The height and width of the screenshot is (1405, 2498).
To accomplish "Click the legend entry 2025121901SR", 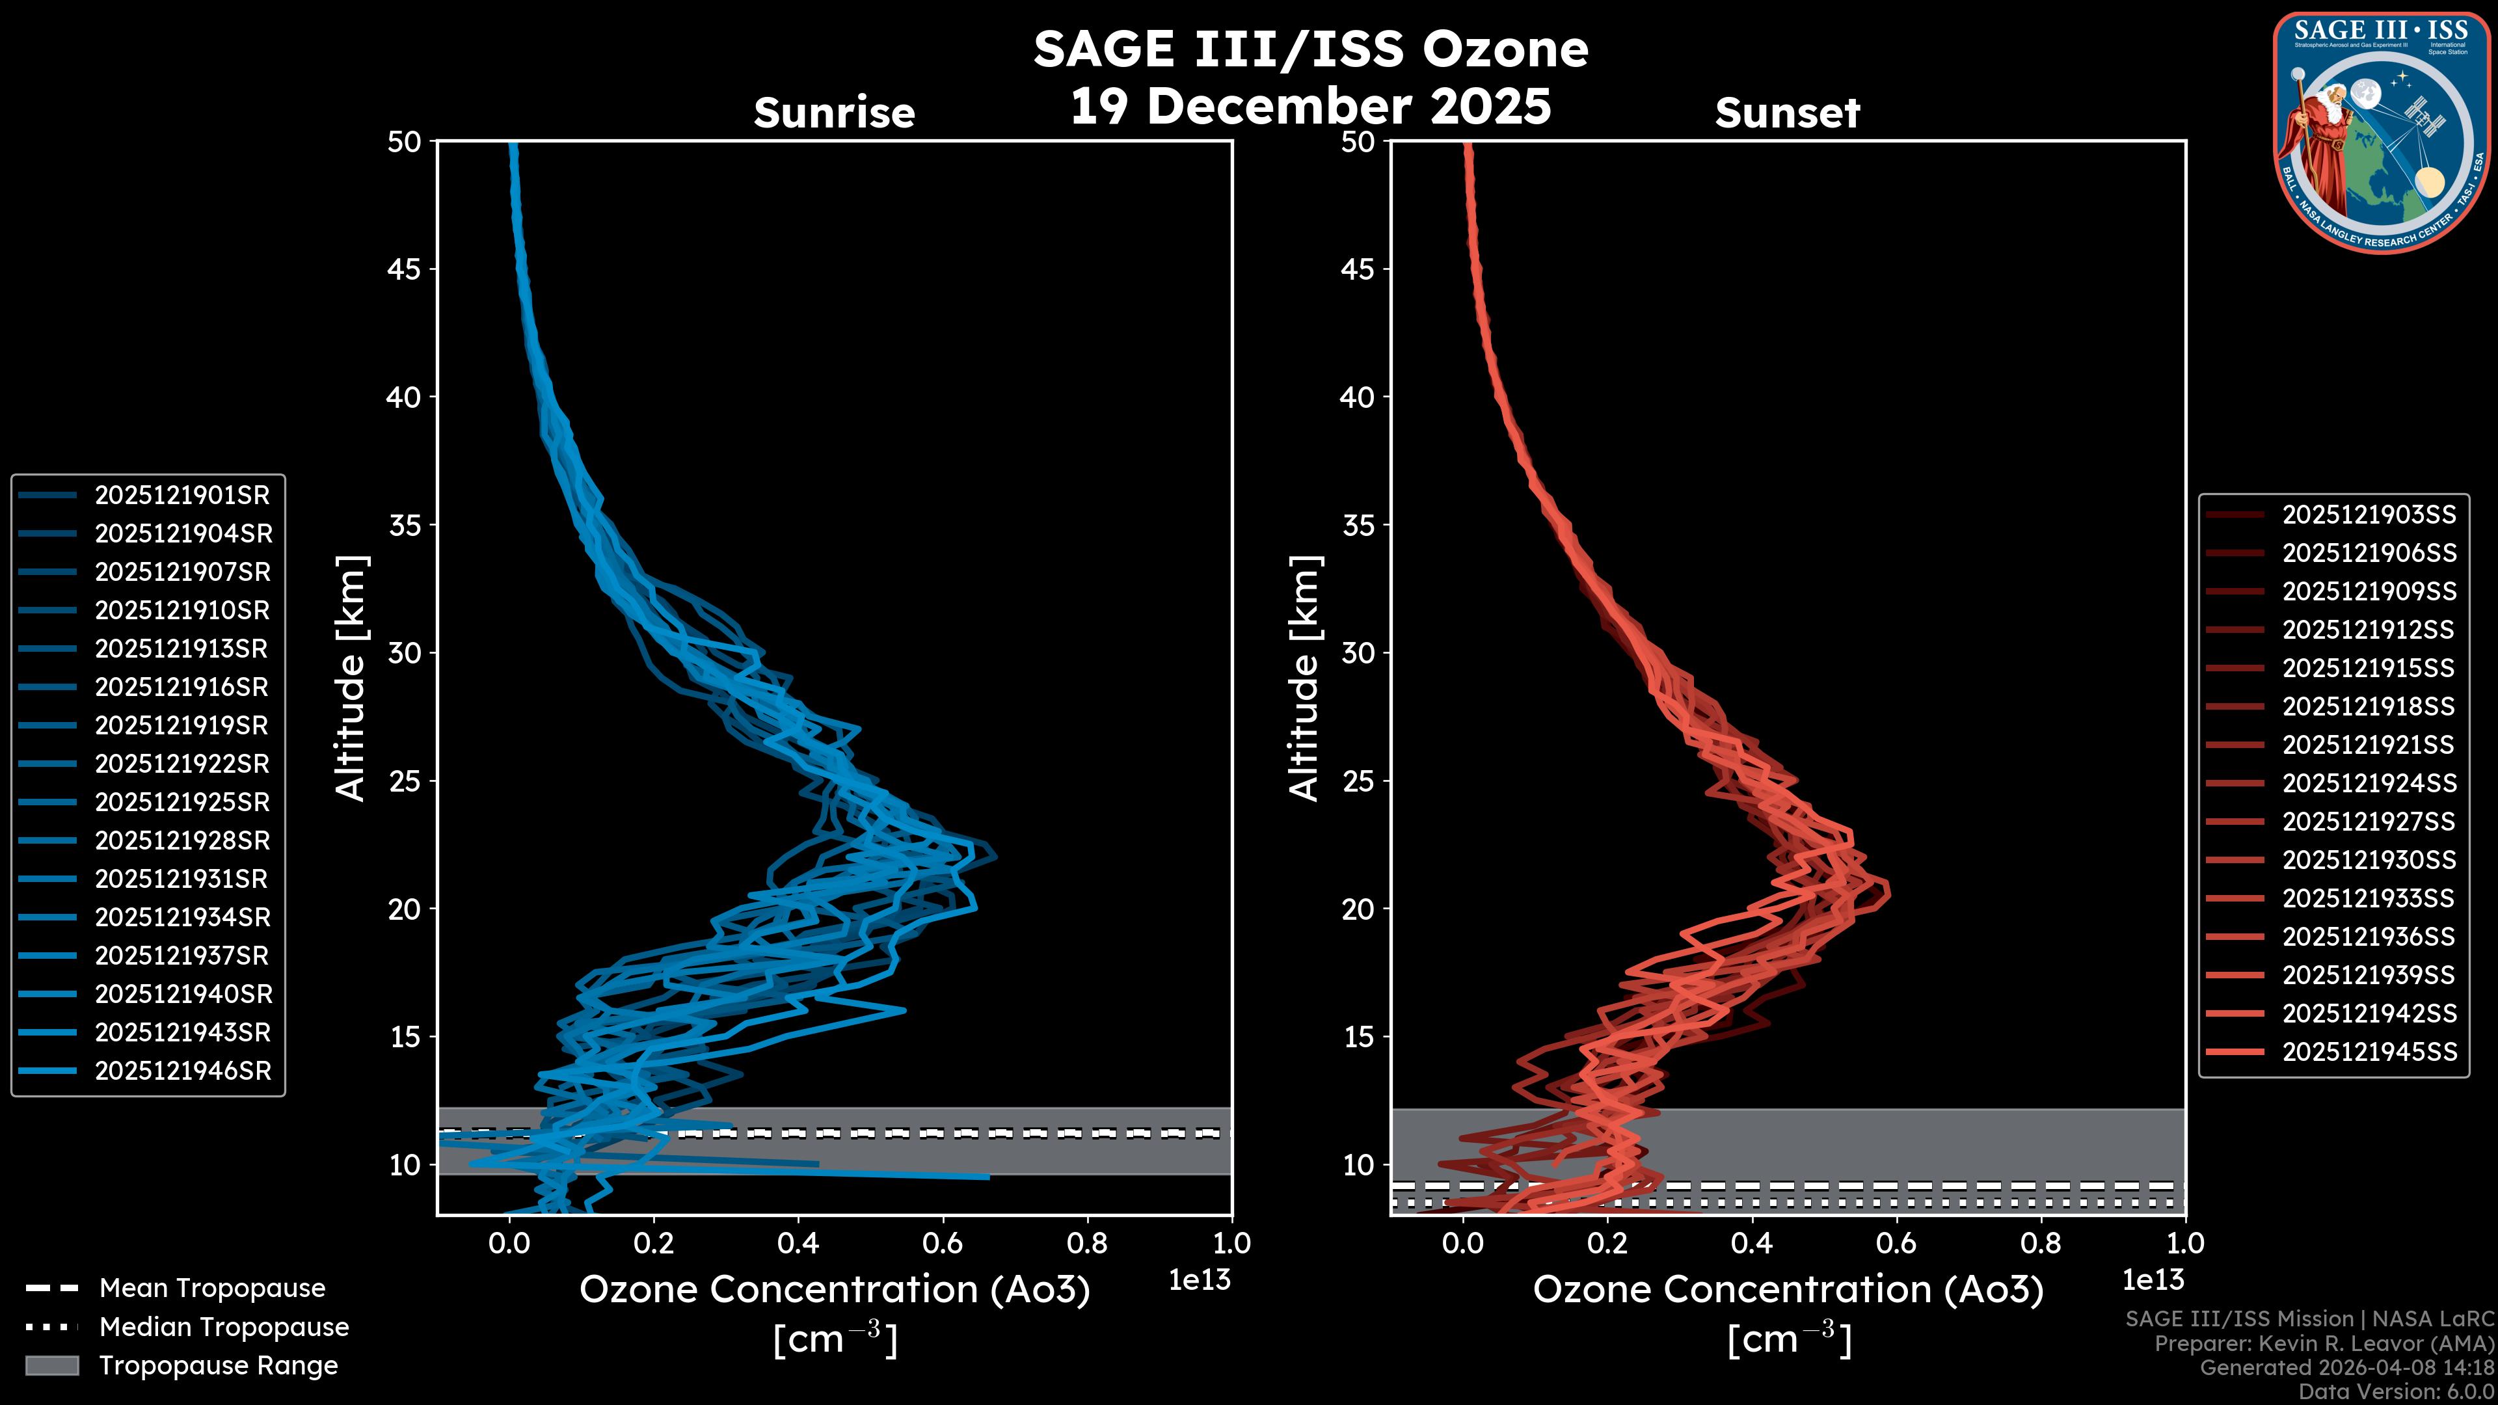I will [181, 496].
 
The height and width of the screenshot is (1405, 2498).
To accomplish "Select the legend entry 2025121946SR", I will [181, 1071].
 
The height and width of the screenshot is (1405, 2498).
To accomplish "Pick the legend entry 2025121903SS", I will [2368, 515].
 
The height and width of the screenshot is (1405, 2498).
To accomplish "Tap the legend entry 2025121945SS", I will [2368, 1052].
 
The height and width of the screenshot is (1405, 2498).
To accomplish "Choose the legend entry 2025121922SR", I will [181, 764].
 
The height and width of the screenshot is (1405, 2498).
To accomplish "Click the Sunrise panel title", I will [834, 113].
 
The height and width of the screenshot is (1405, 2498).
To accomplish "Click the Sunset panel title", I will [1787, 113].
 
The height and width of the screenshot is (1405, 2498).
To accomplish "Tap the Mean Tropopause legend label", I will [212, 1288].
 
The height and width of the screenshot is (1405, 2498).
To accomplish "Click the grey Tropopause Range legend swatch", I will [52, 1365].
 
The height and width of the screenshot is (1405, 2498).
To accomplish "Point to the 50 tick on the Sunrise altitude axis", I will [405, 142].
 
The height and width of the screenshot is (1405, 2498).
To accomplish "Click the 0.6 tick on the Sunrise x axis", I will [943, 1243].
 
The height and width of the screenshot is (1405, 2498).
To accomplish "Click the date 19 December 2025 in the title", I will [1310, 107].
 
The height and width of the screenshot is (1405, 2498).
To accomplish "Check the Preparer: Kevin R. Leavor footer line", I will [2324, 1344].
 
